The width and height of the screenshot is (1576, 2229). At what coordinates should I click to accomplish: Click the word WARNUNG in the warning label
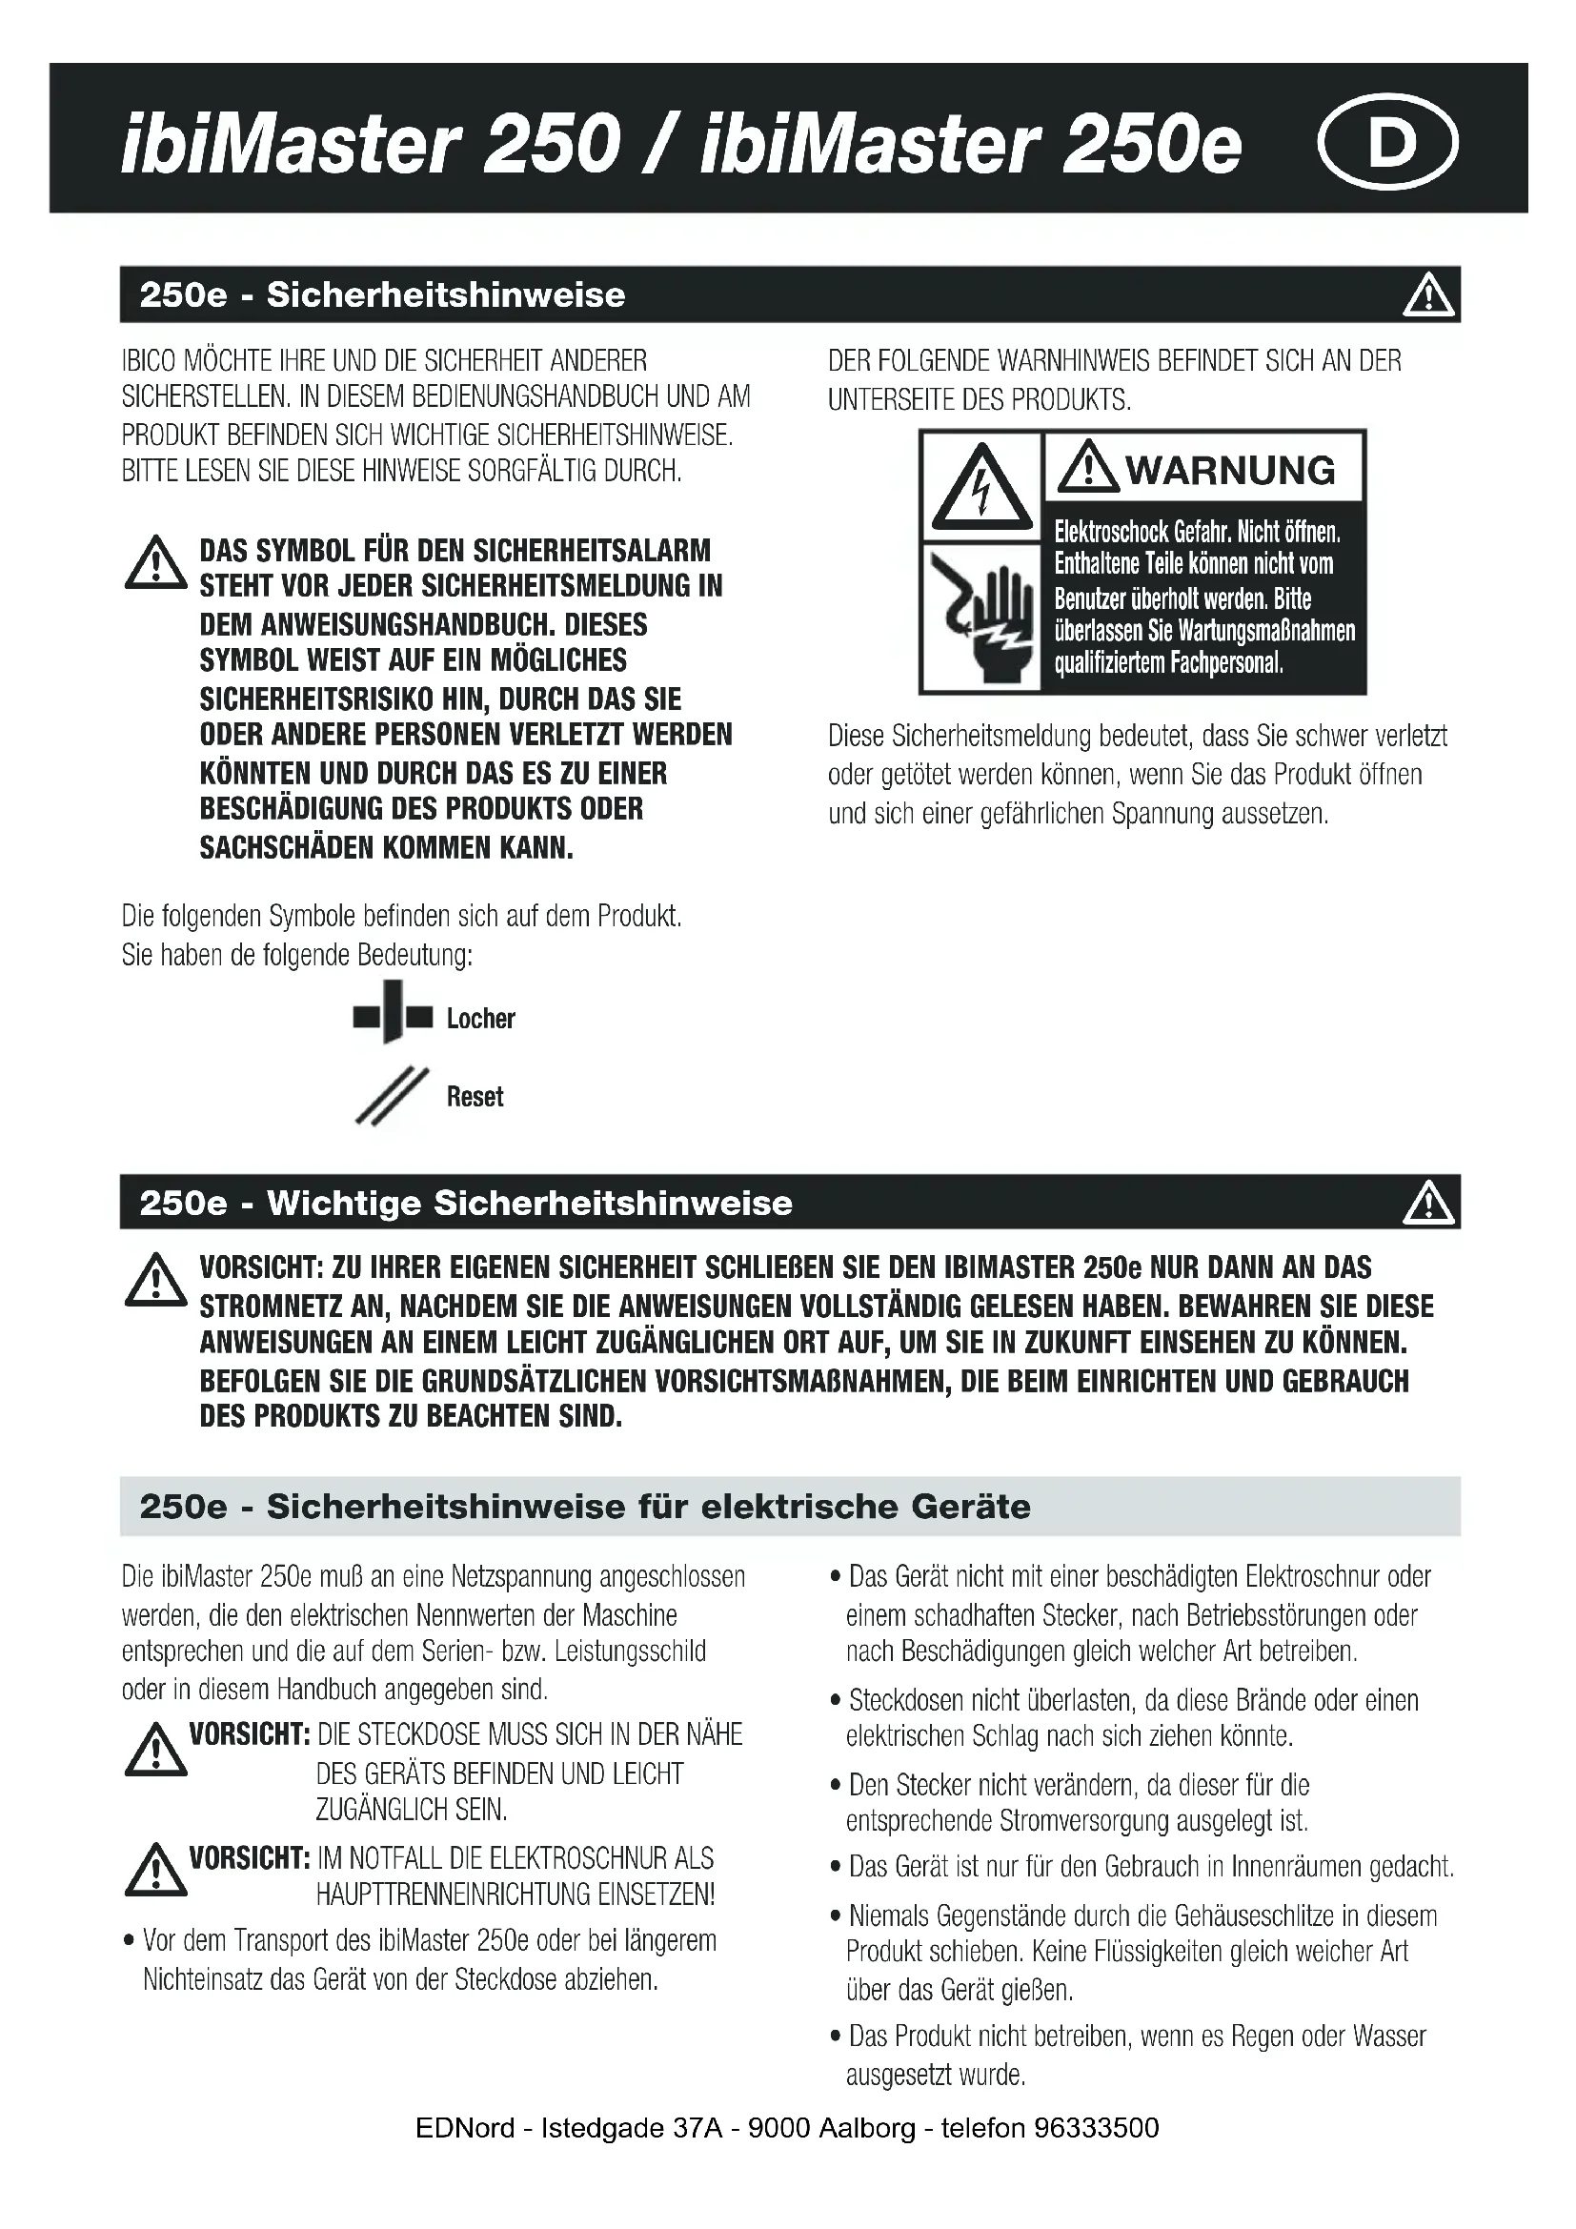(x=1229, y=471)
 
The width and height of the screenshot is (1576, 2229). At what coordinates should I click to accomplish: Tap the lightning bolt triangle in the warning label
(x=981, y=488)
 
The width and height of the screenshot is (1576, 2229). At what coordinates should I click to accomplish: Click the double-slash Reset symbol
(x=391, y=1097)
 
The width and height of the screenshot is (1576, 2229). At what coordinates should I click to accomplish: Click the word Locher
(x=480, y=1019)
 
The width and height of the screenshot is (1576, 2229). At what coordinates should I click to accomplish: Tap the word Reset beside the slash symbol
(x=475, y=1097)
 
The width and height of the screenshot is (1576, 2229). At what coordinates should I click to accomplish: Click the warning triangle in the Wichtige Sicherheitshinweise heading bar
(x=1428, y=1203)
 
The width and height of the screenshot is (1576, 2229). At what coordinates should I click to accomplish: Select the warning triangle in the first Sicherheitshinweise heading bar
(x=1428, y=295)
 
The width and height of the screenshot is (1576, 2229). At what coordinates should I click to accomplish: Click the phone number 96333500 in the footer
(x=1097, y=2128)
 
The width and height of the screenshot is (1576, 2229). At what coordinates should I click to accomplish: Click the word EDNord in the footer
(x=465, y=2128)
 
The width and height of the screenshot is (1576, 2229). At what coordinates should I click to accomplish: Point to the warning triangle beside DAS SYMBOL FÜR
(x=155, y=566)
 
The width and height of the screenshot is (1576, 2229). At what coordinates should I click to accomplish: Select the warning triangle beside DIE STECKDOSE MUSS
(x=155, y=1752)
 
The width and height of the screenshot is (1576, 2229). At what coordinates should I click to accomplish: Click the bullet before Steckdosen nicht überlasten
(x=835, y=1702)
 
